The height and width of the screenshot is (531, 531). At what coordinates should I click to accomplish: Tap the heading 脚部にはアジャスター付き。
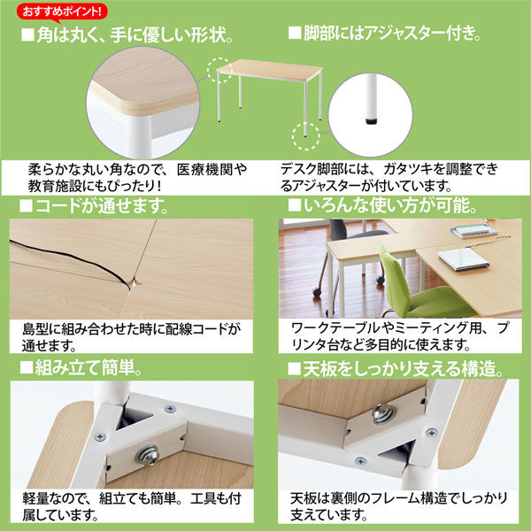pyautogui.click(x=385, y=36)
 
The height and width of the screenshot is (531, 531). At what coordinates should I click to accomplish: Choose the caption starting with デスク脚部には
pyautogui.click(x=389, y=177)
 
